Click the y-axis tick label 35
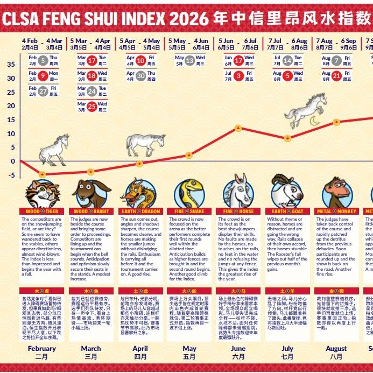[11, 64]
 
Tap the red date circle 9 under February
[43, 76]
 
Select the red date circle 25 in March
[92, 107]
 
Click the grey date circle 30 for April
[140, 76]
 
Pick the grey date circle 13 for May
[189, 61]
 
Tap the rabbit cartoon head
[91, 194]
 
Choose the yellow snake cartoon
[189, 194]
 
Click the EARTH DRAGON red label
[140, 212]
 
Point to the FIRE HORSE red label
[238, 212]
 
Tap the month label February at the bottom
[41, 348]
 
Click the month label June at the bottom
[238, 348]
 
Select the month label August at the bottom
[336, 348]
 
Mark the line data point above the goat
[287, 138]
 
